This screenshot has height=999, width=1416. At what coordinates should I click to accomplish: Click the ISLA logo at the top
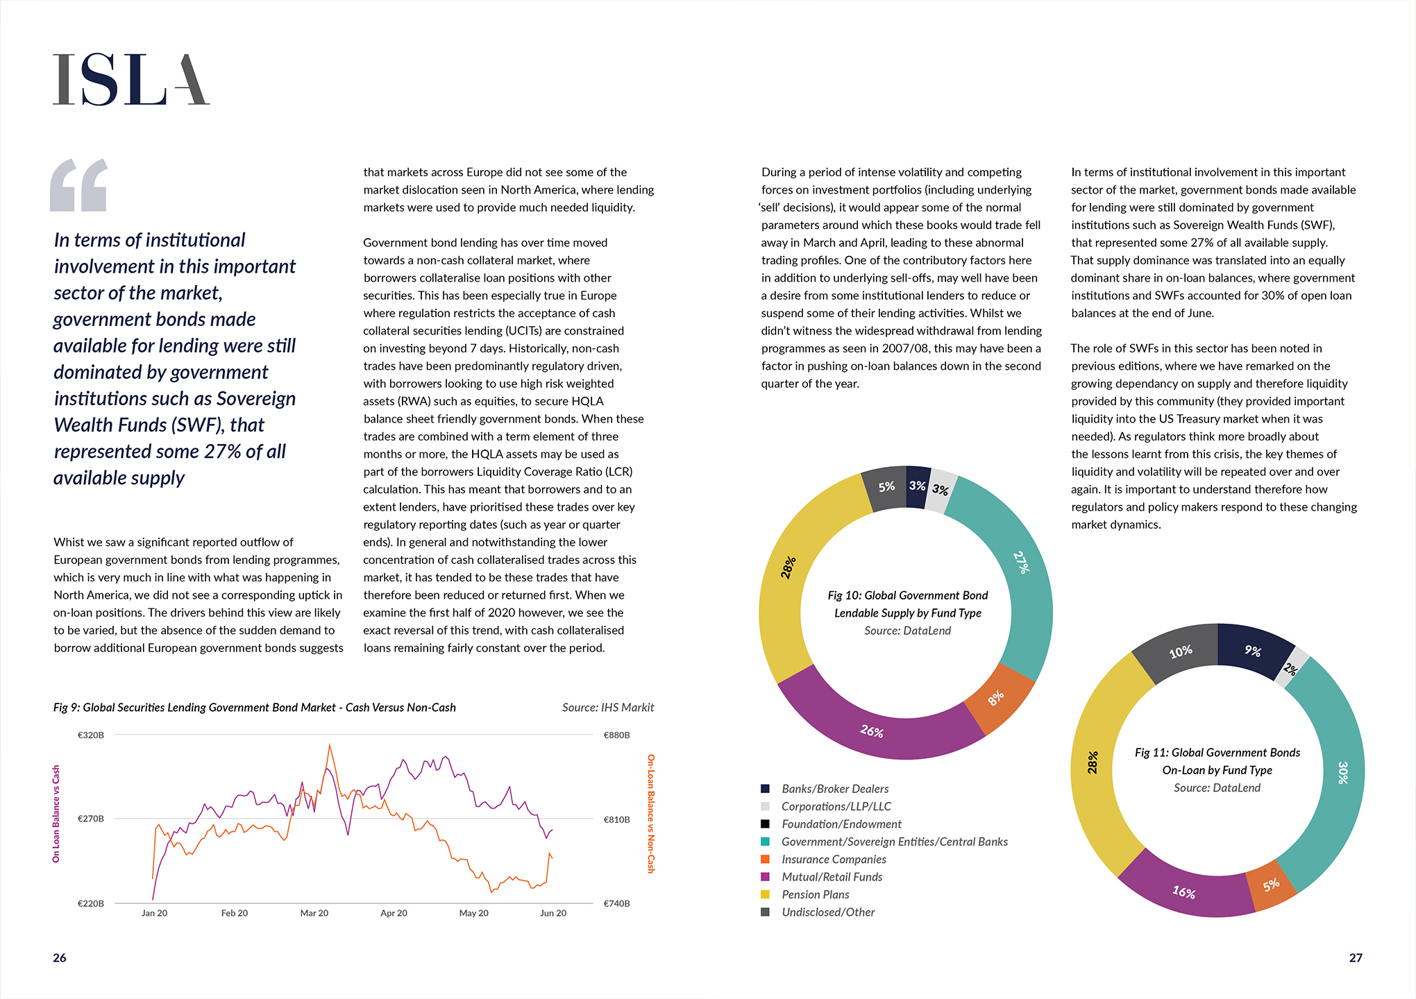tap(131, 80)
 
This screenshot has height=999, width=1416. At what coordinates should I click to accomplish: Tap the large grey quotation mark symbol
tap(79, 185)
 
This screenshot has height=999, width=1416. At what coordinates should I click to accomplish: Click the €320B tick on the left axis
tap(91, 735)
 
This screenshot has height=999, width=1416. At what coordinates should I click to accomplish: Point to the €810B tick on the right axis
tap(616, 819)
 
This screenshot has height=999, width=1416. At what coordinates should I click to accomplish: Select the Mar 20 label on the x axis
tap(314, 913)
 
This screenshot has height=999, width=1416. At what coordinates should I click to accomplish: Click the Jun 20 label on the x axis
tap(553, 913)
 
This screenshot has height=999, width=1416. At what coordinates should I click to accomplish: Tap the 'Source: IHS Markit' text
tap(607, 708)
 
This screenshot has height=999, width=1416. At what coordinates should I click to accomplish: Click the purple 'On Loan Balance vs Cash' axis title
tap(56, 814)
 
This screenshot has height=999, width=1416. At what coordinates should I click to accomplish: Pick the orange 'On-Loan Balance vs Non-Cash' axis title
tap(651, 814)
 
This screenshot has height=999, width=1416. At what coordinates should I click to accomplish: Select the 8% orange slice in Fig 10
tap(997, 697)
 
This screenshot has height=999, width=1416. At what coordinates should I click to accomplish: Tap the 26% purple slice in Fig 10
tap(873, 731)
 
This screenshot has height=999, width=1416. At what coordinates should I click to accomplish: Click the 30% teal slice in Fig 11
tap(1342, 772)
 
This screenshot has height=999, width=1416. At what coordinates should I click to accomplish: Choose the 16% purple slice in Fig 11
tap(1183, 891)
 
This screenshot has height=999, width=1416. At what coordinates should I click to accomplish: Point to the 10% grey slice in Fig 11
tap(1180, 651)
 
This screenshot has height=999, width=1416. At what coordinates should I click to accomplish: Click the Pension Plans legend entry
tap(815, 895)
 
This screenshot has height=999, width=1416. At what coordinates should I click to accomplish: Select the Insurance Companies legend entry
tap(833, 860)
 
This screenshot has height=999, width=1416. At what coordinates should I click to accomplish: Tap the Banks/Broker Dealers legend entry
tap(834, 789)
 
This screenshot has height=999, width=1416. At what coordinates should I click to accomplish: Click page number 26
tap(60, 958)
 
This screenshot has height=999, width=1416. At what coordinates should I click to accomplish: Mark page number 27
tap(1355, 958)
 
